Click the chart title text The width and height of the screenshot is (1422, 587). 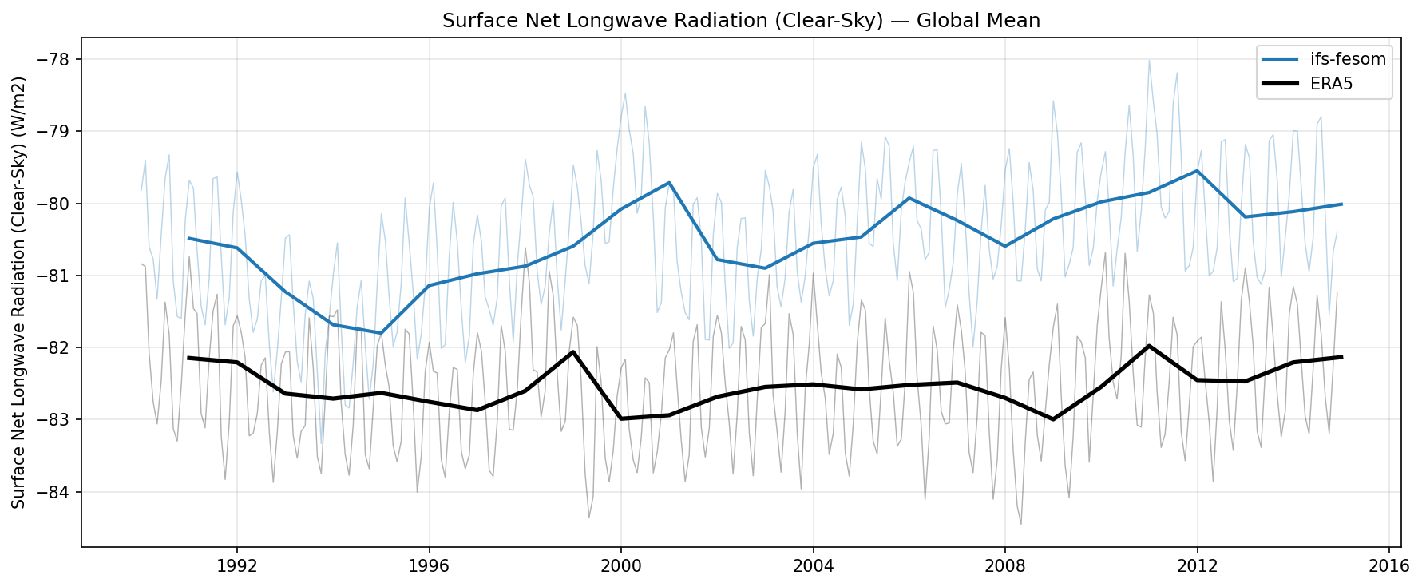pyautogui.click(x=741, y=21)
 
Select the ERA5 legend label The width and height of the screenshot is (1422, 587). pyautogui.click(x=1331, y=84)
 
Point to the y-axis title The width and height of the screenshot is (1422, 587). pyautogui.click(x=19, y=292)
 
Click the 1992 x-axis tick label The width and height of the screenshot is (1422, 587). pyautogui.click(x=237, y=566)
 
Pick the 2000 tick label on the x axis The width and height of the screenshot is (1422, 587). pyautogui.click(x=621, y=566)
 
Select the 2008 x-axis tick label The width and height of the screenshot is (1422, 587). pyautogui.click(x=1005, y=566)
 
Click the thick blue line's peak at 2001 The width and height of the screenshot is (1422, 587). pyautogui.click(x=669, y=183)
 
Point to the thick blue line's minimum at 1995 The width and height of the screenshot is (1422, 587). pyautogui.click(x=381, y=333)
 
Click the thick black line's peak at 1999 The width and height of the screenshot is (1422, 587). pyautogui.click(x=573, y=351)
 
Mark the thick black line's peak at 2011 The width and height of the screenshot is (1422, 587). pyautogui.click(x=1149, y=346)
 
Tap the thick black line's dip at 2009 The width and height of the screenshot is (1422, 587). pyautogui.click(x=1053, y=419)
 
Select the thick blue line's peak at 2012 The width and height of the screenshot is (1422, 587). pyautogui.click(x=1197, y=170)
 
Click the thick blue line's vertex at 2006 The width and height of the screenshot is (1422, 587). pyautogui.click(x=909, y=198)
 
